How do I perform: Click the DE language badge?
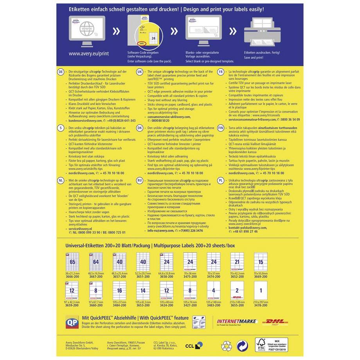pos(61,73)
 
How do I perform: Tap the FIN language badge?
pos(221,128)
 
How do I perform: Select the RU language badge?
pos(140,180)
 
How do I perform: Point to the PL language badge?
pos(221,180)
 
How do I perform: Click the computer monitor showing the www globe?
pos(81,28)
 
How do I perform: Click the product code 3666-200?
pos(72,276)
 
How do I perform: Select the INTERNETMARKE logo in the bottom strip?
pos(237,322)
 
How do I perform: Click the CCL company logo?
pos(194,346)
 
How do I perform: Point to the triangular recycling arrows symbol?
pos(227,346)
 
